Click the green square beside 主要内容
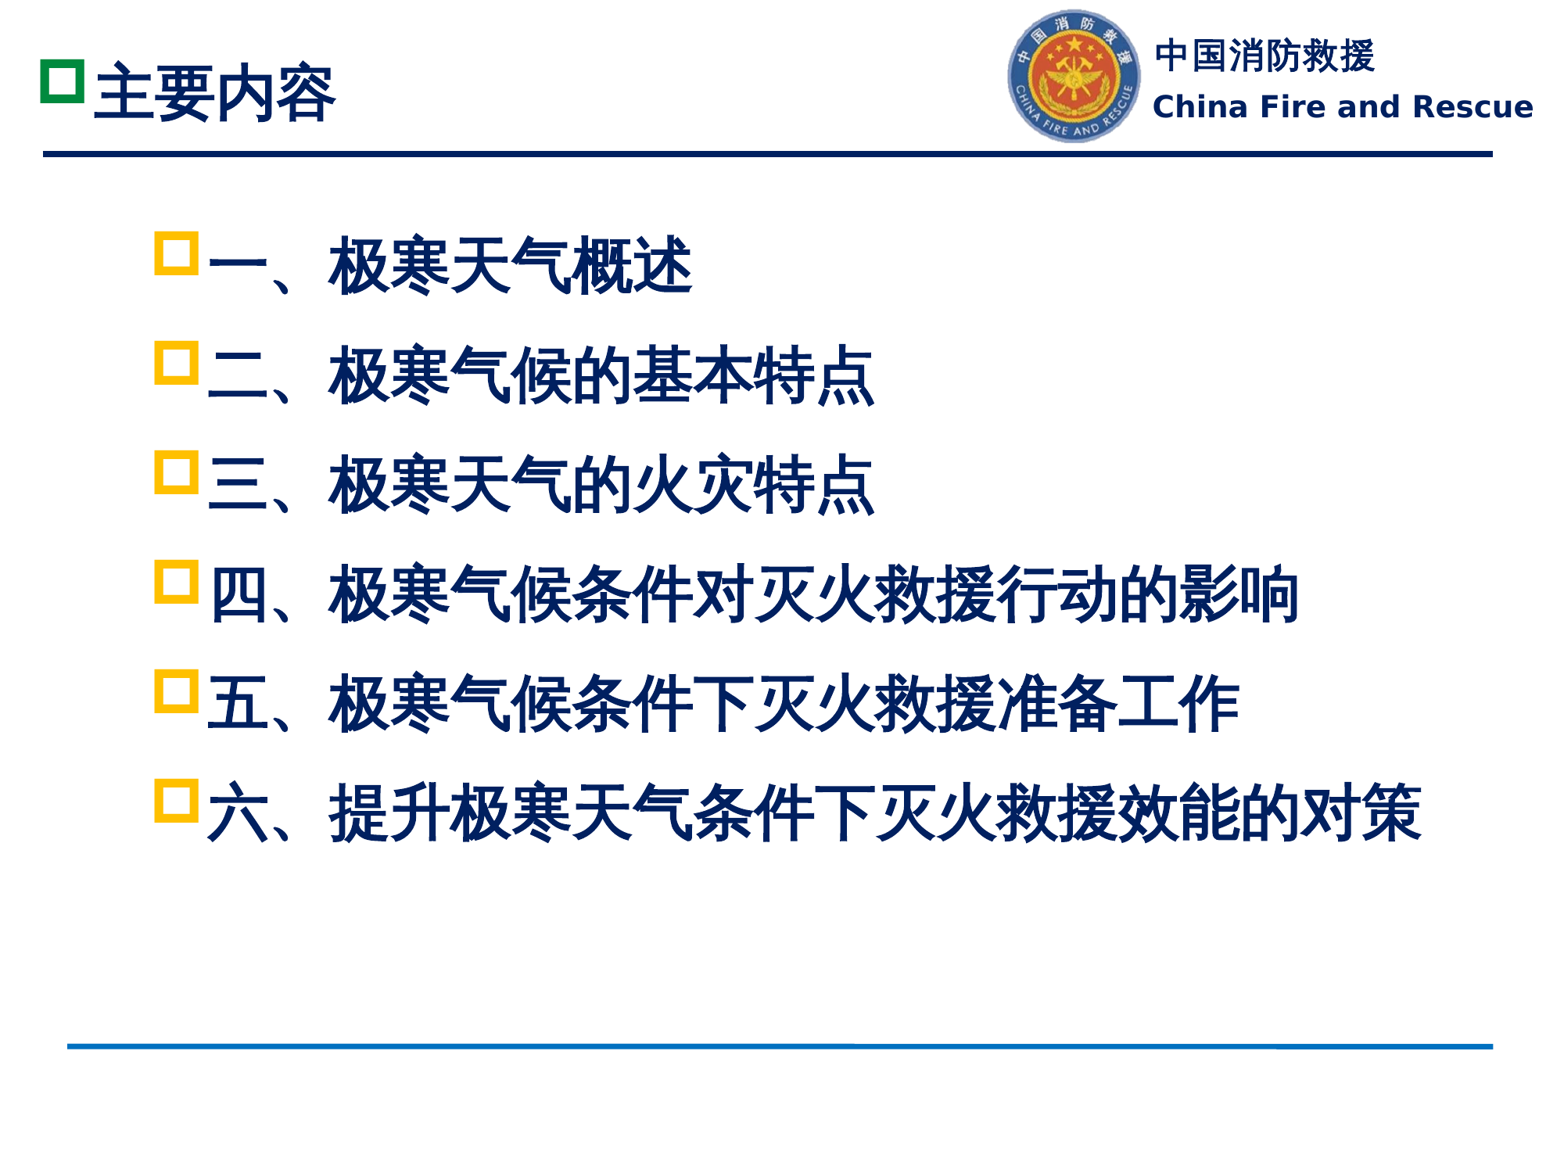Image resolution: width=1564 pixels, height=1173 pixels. point(63,81)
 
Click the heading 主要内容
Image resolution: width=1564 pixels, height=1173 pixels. point(215,93)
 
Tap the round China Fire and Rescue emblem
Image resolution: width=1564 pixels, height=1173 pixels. point(1074,77)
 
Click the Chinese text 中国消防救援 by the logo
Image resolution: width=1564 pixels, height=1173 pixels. point(1264,56)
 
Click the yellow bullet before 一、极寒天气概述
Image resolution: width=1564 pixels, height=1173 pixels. point(176,253)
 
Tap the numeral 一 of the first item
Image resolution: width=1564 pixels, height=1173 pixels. point(238,266)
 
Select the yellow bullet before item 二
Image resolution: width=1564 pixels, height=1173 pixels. point(176,363)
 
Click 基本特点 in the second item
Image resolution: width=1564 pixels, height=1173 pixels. point(752,376)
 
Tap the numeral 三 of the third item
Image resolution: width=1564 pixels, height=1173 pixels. point(238,485)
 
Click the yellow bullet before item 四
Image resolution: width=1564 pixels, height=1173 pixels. point(176,582)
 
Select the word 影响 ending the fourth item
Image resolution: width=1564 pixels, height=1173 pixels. point(1239,594)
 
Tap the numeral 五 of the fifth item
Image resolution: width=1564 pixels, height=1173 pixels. point(238,704)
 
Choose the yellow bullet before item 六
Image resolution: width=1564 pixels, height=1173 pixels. point(176,801)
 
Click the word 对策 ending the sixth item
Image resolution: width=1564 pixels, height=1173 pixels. point(1361,813)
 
